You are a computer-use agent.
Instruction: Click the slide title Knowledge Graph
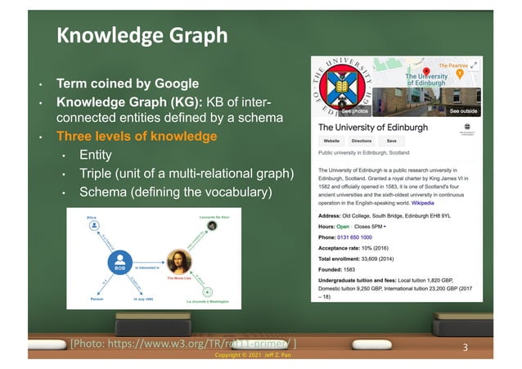point(141,36)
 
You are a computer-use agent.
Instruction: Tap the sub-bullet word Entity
point(96,155)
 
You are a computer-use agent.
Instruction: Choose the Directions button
point(362,141)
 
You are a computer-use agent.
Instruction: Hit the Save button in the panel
point(392,141)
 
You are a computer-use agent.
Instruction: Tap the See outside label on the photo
point(463,110)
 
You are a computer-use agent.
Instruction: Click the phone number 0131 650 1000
point(362,237)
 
